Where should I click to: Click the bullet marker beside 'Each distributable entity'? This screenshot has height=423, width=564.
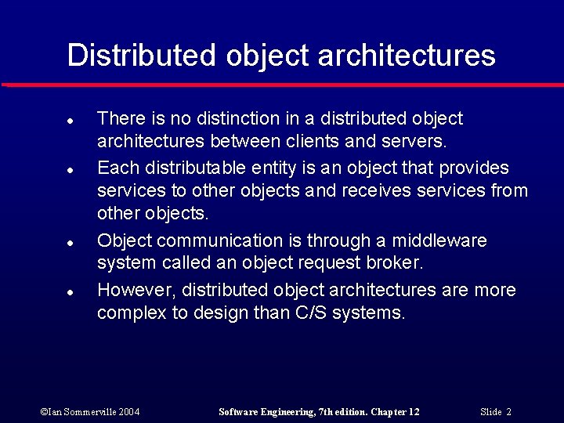[x=70, y=170]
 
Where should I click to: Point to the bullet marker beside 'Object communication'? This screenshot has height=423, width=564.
[x=70, y=243]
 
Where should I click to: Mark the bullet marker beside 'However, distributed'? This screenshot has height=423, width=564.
[x=70, y=292]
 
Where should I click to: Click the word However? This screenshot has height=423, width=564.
[x=136, y=291]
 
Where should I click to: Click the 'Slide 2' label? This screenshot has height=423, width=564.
[x=495, y=412]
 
